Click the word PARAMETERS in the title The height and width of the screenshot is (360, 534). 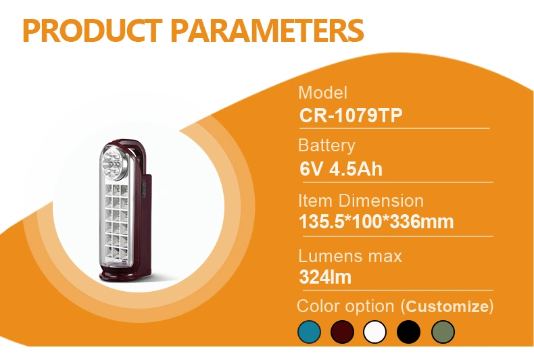(267, 30)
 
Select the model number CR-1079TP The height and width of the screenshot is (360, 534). (351, 115)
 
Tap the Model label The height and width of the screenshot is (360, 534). (322, 93)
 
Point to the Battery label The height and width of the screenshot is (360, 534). (326, 146)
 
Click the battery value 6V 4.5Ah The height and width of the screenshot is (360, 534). (341, 169)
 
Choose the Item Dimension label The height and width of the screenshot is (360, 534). (361, 201)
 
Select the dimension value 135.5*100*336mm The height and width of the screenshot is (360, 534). (377, 222)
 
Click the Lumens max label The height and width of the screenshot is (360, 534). (350, 256)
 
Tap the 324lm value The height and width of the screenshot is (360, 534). (325, 277)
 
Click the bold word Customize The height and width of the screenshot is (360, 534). (447, 307)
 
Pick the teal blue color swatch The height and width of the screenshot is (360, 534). (309, 332)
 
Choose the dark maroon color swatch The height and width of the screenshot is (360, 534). (342, 332)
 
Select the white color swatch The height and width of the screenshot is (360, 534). (375, 332)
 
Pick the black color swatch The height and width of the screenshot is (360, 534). (408, 332)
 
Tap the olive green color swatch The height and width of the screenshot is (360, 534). (443, 332)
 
